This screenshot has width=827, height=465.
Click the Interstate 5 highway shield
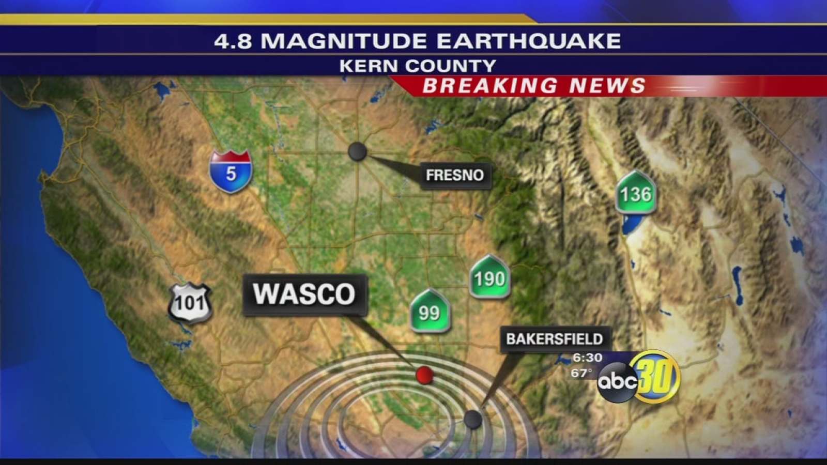click(231, 172)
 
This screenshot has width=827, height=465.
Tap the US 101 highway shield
click(190, 303)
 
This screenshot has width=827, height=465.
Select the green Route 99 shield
click(430, 311)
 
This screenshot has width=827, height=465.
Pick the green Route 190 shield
click(489, 277)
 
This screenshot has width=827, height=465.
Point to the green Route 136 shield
click(636, 193)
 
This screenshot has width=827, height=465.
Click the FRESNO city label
click(455, 175)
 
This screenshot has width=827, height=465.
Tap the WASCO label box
click(304, 295)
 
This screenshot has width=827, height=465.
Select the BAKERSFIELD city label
click(555, 339)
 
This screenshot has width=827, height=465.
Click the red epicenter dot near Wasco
click(424, 375)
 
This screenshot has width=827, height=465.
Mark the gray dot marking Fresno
click(357, 151)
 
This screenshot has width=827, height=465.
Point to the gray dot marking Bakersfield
click(472, 419)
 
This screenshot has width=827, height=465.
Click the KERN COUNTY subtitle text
click(418, 66)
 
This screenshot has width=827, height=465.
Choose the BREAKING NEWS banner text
click(534, 86)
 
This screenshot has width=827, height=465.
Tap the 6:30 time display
click(588, 358)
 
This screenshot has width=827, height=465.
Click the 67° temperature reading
click(581, 373)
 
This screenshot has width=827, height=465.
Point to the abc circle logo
click(617, 382)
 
